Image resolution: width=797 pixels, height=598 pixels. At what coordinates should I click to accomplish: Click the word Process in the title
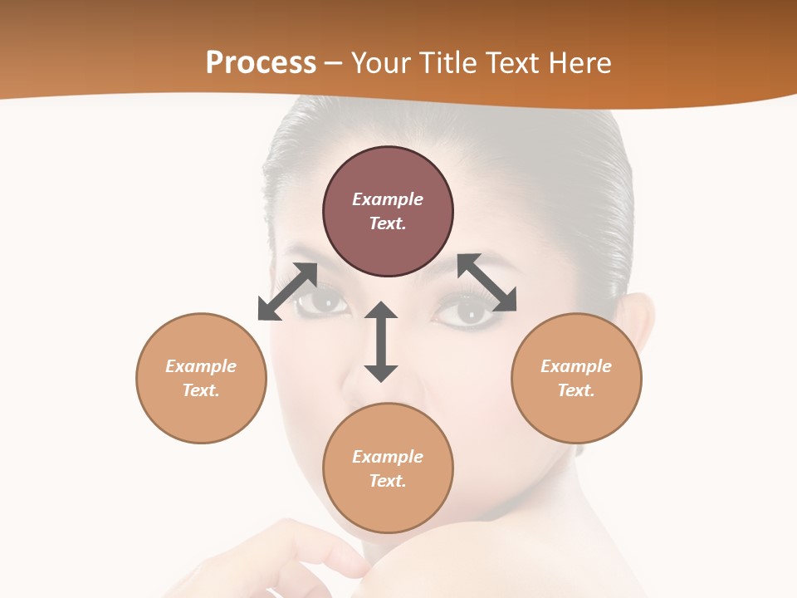pyautogui.click(x=261, y=63)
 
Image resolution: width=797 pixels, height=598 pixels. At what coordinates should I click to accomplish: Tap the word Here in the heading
pyautogui.click(x=579, y=63)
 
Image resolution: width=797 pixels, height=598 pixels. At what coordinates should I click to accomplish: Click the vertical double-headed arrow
pyautogui.click(x=381, y=342)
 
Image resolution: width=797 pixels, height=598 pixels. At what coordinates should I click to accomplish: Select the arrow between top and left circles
pyautogui.click(x=287, y=292)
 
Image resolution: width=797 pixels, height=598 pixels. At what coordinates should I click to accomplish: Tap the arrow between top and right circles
pyautogui.click(x=487, y=282)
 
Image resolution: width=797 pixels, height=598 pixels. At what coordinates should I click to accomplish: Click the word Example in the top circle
pyautogui.click(x=388, y=199)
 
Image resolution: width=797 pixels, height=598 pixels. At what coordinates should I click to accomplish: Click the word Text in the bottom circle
pyautogui.click(x=387, y=481)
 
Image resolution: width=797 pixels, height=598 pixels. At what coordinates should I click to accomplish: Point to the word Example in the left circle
pyautogui.click(x=201, y=366)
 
